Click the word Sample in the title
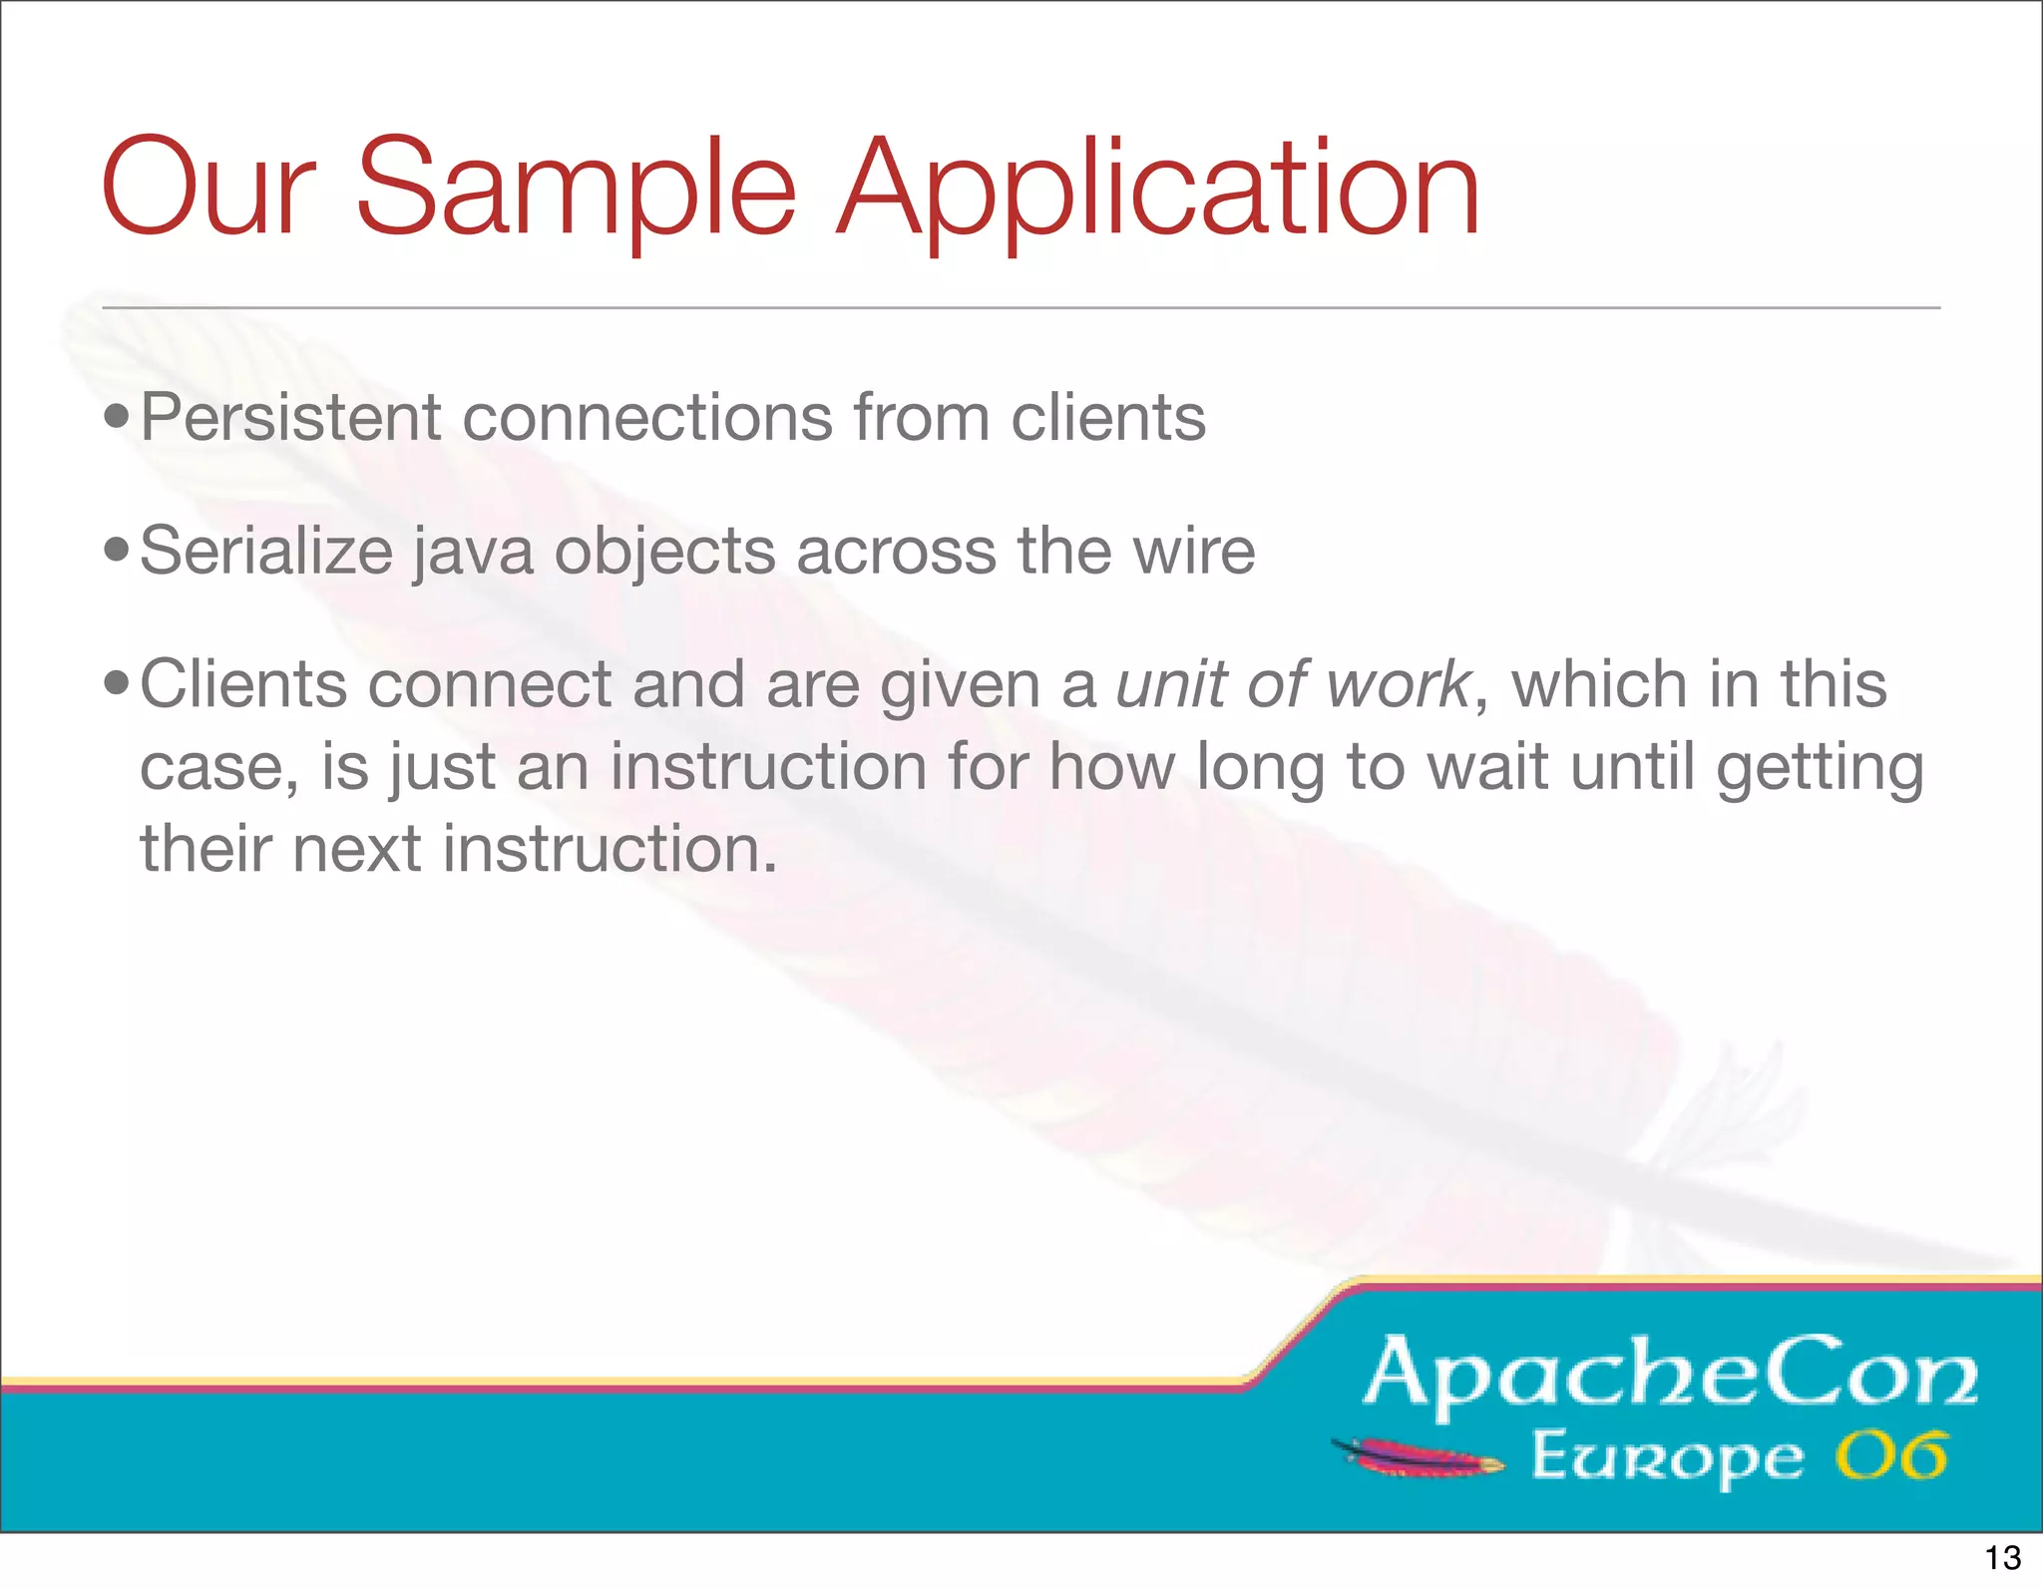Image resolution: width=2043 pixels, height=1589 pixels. click(576, 190)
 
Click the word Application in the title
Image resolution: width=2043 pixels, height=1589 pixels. click(1157, 190)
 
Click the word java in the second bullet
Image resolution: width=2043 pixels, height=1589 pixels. click(473, 552)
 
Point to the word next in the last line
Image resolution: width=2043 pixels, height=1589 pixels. click(355, 849)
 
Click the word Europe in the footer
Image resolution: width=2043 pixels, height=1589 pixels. click(1667, 1458)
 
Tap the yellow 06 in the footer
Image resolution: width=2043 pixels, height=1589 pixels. click(1890, 1456)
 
